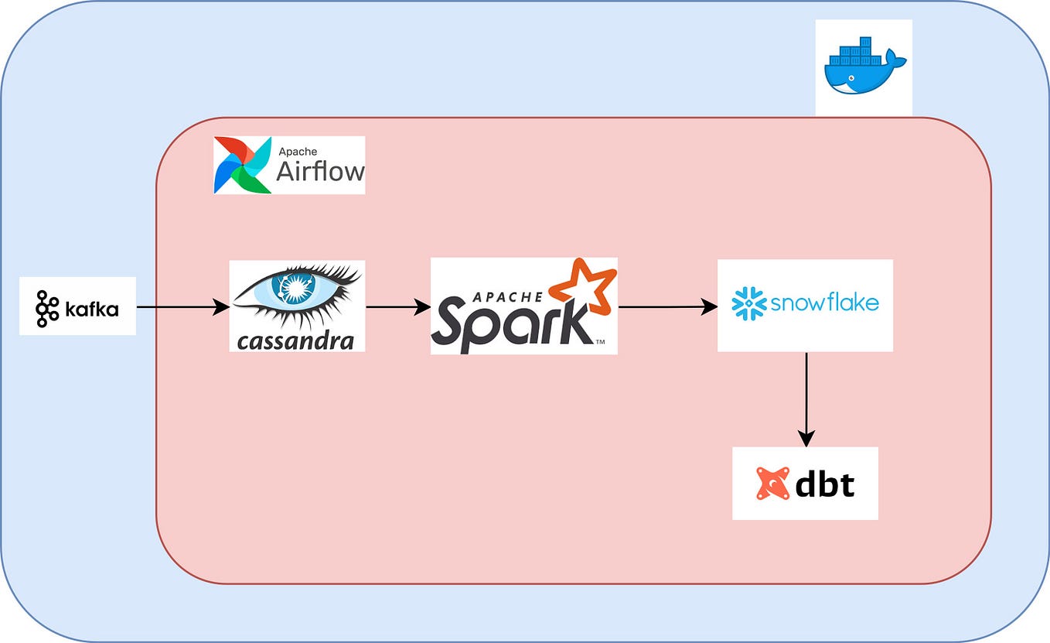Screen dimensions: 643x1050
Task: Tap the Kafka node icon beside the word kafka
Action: [46, 308]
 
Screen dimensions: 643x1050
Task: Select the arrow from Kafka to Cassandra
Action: [182, 307]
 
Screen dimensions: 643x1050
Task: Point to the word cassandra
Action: [296, 340]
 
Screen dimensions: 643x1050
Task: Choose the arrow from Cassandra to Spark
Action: [397, 307]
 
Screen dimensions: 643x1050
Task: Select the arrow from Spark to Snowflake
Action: [667, 307]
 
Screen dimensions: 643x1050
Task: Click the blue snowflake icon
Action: [748, 303]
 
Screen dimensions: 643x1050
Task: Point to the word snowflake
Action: [824, 303]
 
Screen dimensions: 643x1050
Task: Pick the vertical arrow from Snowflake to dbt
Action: [806, 399]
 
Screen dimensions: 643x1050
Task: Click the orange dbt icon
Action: [772, 484]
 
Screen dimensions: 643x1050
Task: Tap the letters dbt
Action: [825, 484]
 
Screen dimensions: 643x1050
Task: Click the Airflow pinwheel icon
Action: [243, 165]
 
